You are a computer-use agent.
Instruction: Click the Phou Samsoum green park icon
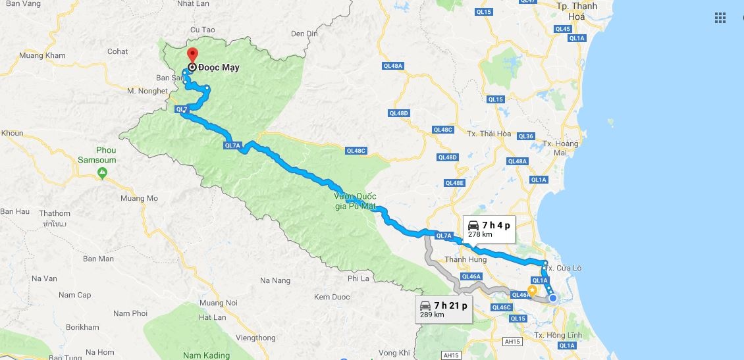[102, 172]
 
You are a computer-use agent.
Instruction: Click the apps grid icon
[720, 18]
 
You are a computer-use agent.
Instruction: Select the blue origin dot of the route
[553, 298]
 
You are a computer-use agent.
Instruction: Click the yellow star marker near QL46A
[532, 290]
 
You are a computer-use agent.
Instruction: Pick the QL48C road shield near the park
[355, 151]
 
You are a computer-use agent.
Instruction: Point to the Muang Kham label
[43, 56]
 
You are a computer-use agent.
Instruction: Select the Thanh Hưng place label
[465, 260]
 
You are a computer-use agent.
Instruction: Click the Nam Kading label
[207, 355]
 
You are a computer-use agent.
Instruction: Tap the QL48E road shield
[454, 183]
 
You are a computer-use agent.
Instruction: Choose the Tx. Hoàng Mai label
[560, 148]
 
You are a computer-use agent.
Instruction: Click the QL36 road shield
[526, 136]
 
